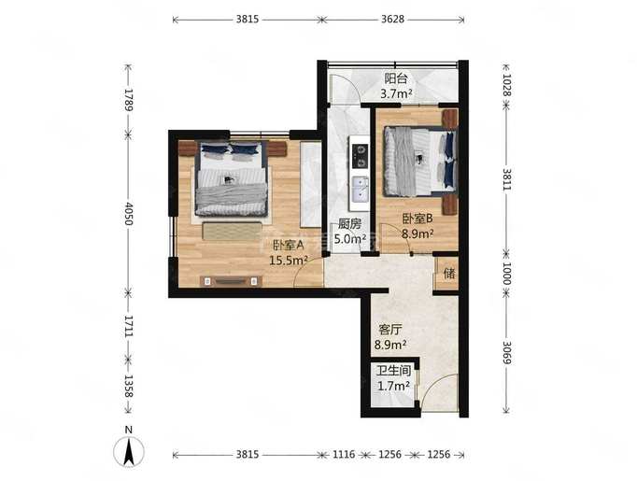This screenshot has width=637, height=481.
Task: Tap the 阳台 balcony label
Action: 396,78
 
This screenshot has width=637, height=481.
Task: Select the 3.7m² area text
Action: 396,93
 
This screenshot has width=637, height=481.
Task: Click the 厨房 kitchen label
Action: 349,224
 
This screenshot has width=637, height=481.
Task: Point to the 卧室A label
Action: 288,245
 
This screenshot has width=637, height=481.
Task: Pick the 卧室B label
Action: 418,219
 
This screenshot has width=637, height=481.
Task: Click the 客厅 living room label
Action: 390,329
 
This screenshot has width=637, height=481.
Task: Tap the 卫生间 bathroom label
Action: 393,371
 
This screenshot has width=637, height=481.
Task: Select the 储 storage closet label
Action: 449,273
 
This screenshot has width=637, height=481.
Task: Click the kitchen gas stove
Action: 360,156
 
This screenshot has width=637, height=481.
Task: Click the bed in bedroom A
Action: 231,178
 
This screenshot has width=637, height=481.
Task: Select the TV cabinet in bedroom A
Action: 231,281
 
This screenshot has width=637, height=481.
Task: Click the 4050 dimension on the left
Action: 128,214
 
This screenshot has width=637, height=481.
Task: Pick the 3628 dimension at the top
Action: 393,19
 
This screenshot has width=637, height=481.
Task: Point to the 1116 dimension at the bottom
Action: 344,454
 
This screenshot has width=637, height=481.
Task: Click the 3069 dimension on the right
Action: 506,352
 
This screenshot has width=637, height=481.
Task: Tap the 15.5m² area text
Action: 288,261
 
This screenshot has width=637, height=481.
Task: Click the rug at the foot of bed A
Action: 232,231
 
